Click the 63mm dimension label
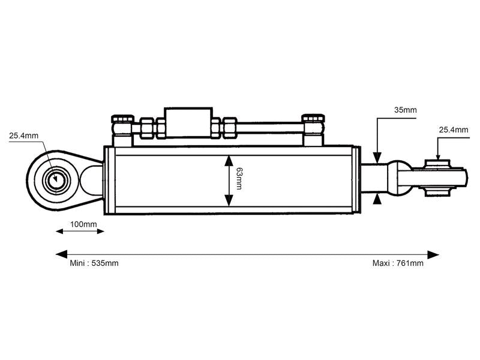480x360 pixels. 239,179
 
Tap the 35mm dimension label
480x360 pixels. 406,110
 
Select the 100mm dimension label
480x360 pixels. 83,224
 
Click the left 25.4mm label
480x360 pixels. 23,136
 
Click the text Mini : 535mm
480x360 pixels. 94,263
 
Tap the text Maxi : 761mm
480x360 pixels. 398,263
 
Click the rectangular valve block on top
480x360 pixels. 188,124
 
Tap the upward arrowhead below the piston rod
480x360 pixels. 377,198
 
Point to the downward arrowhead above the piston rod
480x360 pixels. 377,159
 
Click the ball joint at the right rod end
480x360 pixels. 437,178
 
